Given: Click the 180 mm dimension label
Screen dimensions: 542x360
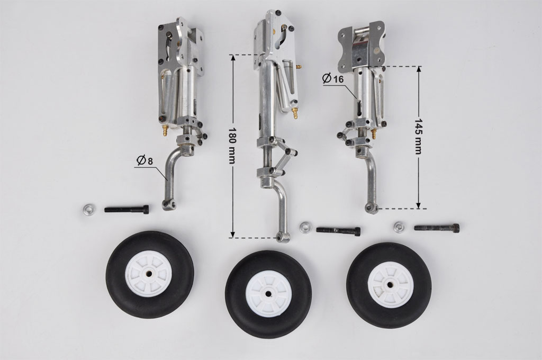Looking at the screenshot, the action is pos(232,146).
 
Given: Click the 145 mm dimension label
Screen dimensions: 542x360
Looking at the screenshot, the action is pos(418,136).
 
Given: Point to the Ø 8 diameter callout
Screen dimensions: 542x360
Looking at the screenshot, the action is pos(144,161).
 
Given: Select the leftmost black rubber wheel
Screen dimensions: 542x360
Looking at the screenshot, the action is pos(150,275).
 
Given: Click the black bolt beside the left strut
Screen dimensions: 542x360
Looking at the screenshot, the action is pos(127,209).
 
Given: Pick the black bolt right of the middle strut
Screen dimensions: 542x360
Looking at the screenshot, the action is pos(339,230).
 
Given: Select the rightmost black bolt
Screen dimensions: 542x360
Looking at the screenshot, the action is pos(437,228).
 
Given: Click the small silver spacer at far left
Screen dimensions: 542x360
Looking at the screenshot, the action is pos(89,210).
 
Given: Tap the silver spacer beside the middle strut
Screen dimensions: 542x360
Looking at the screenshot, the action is pos(305,228).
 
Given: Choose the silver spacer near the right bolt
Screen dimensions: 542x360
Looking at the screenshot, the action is pos(399,227).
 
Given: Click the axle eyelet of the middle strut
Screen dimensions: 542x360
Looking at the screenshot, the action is pos(283,237).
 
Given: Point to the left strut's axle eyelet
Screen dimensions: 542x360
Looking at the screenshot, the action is pos(169,205).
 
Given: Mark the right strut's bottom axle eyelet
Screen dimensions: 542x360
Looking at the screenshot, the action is pos(372,208).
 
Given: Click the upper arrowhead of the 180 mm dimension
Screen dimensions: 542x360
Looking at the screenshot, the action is pos(233,58).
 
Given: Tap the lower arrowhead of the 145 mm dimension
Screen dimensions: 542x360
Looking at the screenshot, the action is pos(418,205).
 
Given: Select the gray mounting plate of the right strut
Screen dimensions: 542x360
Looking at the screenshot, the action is pos(361,45).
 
